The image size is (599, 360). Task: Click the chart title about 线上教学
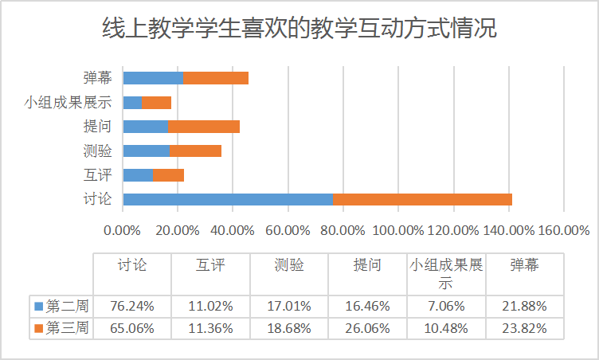point(299,29)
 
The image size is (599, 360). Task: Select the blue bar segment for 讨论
point(228,199)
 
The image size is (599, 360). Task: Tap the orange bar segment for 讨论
point(422,199)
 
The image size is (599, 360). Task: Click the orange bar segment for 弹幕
point(216,78)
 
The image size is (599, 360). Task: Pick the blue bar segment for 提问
point(146,127)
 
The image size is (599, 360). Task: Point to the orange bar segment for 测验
point(196,151)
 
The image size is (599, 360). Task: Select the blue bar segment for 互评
point(138,175)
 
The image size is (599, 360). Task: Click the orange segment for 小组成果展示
point(157,102)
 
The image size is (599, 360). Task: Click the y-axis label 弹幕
point(96,78)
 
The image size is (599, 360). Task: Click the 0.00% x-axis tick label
point(123,230)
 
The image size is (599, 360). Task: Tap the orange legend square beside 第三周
point(39,327)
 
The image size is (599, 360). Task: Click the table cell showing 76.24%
point(132,305)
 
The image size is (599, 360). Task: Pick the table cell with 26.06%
point(367,327)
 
